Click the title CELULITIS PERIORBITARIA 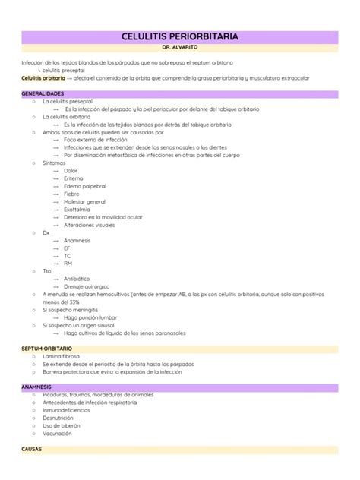point(179,36)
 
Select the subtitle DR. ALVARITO point(179,47)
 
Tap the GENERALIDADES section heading point(43,93)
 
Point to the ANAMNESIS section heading point(36,387)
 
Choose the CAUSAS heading point(32,448)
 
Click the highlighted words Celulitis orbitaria point(43,77)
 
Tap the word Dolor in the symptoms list point(71,171)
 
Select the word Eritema point(73,178)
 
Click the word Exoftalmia point(77,209)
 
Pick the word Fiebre point(71,194)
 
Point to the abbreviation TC point(68,255)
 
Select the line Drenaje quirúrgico point(87,286)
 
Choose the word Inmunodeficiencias point(72,410)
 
